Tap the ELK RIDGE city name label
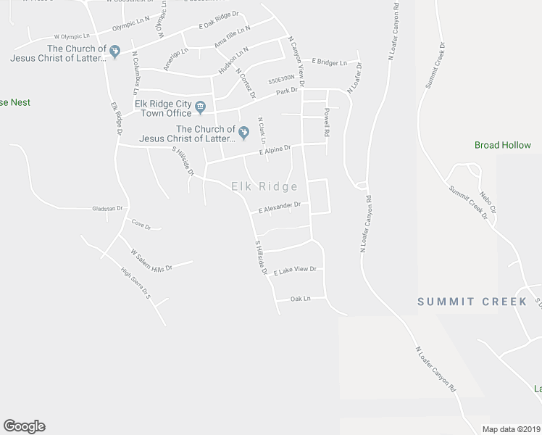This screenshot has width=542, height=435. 264,187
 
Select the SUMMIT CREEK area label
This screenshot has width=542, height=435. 472,302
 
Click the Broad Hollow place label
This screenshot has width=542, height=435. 503,145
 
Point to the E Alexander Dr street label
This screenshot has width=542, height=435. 279,207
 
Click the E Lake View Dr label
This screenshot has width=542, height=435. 295,270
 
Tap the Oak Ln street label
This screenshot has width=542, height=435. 300,299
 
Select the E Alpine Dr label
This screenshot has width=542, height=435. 275,150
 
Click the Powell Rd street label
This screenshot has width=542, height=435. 327,123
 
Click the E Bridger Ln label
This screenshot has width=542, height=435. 330,63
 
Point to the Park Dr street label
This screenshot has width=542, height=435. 287,91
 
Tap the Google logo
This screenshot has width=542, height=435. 24,426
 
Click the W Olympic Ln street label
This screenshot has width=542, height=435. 72,36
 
